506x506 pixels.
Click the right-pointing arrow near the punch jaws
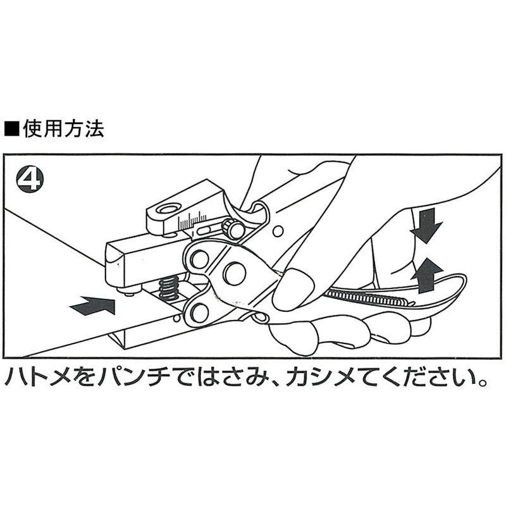(93, 306)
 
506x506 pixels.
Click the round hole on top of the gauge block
(169, 209)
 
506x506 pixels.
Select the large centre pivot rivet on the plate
(234, 273)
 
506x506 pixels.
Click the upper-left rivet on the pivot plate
(199, 257)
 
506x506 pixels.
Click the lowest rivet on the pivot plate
(200, 312)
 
